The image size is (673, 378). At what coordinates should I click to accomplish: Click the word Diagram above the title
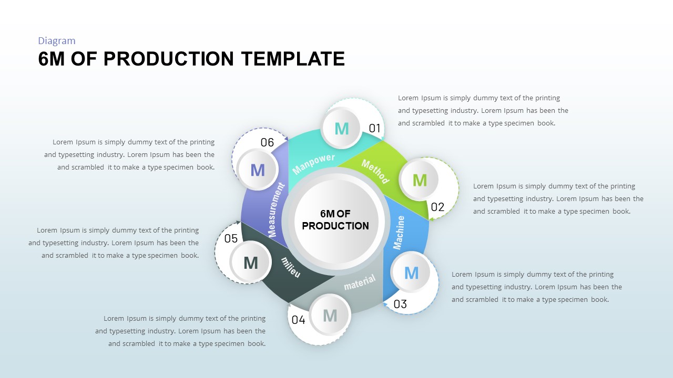[x=57, y=41]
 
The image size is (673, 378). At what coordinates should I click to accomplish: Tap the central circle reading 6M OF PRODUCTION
[x=335, y=220]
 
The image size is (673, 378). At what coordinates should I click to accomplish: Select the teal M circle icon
[x=342, y=129]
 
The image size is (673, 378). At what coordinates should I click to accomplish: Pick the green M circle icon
[x=420, y=181]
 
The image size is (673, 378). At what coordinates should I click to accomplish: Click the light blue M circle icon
[x=411, y=273]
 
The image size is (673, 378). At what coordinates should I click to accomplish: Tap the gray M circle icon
[x=330, y=316]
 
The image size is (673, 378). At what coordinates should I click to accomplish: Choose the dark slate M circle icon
[x=251, y=262]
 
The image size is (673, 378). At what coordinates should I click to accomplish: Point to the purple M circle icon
[x=257, y=170]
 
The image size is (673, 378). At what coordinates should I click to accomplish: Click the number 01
[x=374, y=128]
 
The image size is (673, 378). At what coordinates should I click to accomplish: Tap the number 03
[x=400, y=304]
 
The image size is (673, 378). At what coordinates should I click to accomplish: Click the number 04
[x=298, y=320]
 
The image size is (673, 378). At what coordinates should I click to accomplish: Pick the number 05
[x=231, y=239]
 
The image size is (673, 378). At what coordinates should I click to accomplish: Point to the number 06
[x=267, y=142]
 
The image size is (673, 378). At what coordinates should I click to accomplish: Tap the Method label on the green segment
[x=375, y=172]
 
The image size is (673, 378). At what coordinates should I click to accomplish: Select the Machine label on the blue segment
[x=400, y=232]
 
